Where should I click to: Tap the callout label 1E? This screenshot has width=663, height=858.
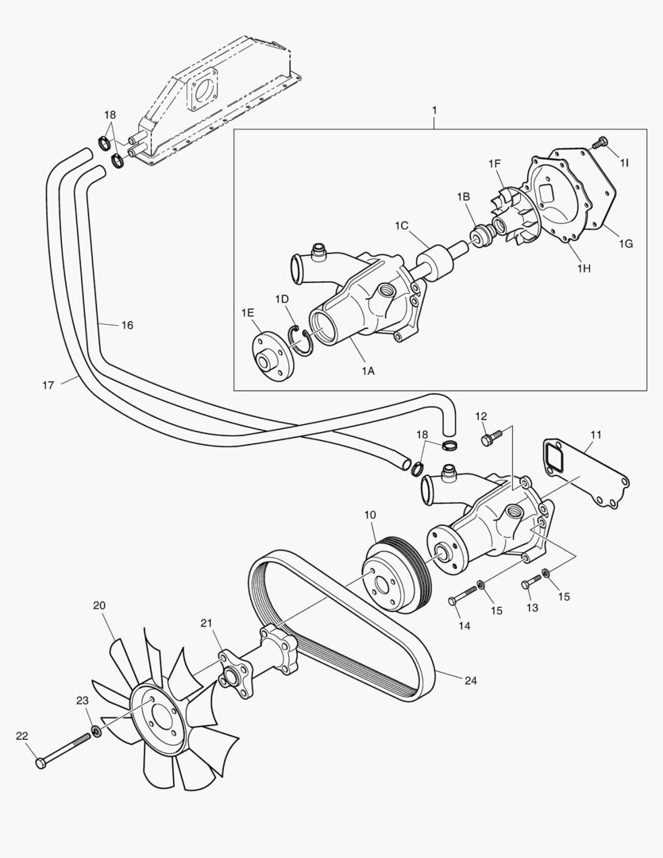(x=248, y=314)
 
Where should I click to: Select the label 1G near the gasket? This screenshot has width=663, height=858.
(x=626, y=244)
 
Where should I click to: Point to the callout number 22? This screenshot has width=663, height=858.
(x=22, y=736)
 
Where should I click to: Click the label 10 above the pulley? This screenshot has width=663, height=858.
(x=370, y=516)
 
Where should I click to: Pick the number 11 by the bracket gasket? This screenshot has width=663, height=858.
(x=596, y=435)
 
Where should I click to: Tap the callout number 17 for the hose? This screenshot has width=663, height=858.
(x=48, y=385)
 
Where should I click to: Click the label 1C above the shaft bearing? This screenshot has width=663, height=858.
(x=402, y=226)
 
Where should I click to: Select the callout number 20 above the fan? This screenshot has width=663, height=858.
(x=99, y=605)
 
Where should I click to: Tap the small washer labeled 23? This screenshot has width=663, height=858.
(x=97, y=730)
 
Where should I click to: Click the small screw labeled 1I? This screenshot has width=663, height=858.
(x=600, y=144)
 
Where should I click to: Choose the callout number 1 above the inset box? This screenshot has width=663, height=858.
(x=435, y=108)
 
